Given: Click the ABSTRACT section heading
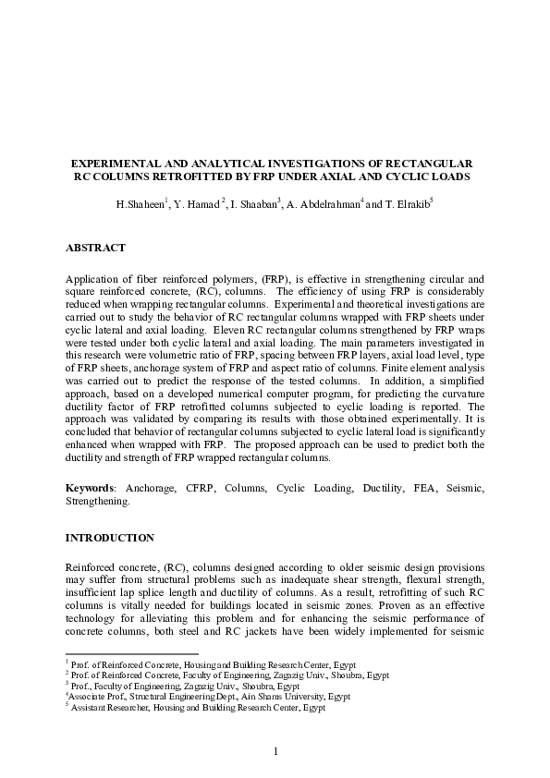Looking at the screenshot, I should pos(95,248).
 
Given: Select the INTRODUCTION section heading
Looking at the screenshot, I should pos(109,537).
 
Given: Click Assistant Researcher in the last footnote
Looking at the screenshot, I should pos(108,707).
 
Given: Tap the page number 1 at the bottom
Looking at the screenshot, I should pos(275,750).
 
